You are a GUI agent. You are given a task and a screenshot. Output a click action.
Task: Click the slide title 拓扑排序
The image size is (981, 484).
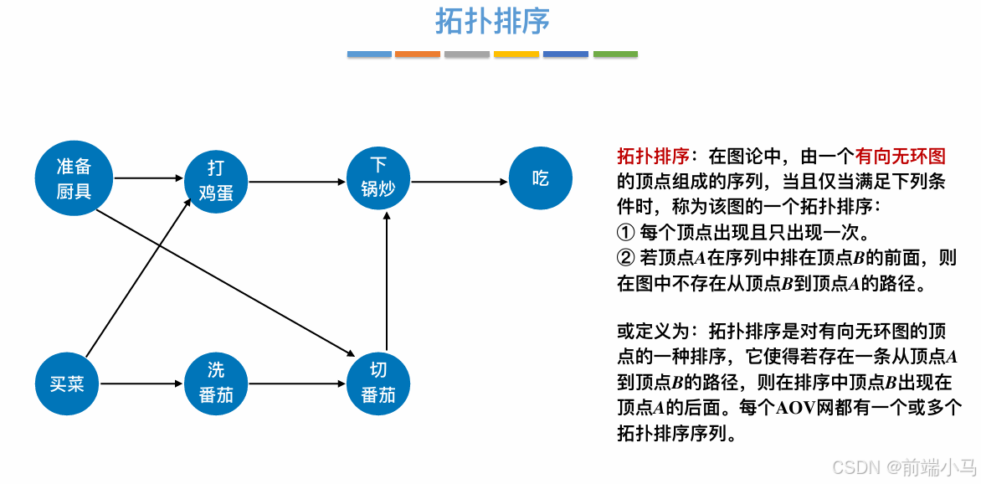coord(492,22)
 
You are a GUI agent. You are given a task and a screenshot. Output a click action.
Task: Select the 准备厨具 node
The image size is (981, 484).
coord(74,178)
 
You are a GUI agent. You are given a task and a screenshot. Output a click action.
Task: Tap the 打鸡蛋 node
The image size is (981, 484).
coord(215,180)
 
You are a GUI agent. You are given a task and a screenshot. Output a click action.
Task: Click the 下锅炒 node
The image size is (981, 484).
coord(378,177)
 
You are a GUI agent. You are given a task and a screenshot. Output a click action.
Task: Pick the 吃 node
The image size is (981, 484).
coord(540,178)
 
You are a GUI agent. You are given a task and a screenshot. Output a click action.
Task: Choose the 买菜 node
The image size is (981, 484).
coord(67,384)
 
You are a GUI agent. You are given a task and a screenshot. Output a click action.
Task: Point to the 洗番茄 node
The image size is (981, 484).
coord(215,383)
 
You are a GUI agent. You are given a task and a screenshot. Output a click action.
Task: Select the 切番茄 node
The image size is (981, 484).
coord(378,383)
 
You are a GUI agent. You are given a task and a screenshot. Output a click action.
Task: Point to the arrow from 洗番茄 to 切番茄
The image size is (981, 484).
coord(297,384)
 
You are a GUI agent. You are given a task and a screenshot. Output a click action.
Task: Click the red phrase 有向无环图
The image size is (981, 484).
coord(900,156)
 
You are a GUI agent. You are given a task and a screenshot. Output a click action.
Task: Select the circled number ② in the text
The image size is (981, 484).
coord(625,258)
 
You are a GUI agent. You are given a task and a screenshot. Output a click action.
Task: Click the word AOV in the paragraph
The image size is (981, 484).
coord(795,409)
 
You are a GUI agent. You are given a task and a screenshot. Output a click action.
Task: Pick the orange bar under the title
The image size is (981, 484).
coord(418,54)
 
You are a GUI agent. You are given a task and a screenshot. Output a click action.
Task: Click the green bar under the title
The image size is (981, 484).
coord(615,54)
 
